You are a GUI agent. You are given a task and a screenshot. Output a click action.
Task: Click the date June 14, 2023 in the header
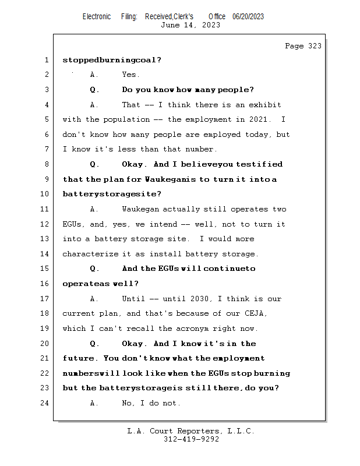pyautogui.click(x=190, y=25)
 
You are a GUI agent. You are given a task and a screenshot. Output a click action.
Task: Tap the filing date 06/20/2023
pyautogui.click(x=248, y=17)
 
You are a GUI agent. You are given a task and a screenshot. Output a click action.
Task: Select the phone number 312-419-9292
pyautogui.click(x=191, y=439)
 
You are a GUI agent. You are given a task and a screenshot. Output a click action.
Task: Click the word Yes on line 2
pyautogui.click(x=130, y=75)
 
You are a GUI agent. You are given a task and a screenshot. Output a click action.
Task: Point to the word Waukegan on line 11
pyautogui.click(x=140, y=209)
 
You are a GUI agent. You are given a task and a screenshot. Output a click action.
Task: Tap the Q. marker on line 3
pyautogui.click(x=95, y=90)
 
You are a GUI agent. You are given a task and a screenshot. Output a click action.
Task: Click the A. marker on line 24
pyautogui.click(x=95, y=403)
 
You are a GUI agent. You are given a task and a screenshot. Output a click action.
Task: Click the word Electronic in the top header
pyautogui.click(x=97, y=17)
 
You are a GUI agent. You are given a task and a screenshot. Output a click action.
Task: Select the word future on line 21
pyautogui.click(x=79, y=358)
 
